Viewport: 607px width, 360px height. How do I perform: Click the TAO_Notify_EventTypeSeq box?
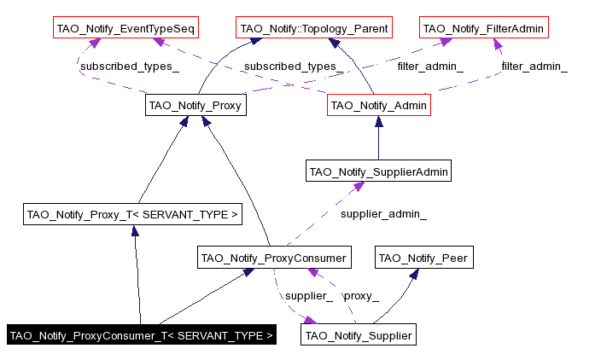125,29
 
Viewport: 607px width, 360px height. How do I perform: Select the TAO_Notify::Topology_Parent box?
314,29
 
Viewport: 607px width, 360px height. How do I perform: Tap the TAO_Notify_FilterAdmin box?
483,29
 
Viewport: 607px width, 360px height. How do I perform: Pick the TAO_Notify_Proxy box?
196,106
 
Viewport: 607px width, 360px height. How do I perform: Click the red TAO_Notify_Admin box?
378,106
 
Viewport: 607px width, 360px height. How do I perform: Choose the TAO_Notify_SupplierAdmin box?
378,171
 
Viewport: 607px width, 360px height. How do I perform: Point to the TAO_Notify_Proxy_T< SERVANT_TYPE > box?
132,214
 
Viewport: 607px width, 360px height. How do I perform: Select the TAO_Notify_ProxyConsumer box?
273,257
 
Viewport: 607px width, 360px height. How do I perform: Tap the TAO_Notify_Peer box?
423,257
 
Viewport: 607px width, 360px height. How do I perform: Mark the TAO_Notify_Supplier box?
359,335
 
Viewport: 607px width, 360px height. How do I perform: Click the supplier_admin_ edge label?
383,214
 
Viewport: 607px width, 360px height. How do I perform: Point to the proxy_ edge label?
361,296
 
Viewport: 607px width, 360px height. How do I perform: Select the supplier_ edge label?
308,296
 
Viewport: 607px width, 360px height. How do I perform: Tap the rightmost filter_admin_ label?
534,67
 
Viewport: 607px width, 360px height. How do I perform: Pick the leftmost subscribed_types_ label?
130,67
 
